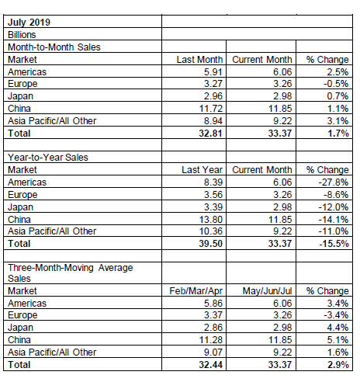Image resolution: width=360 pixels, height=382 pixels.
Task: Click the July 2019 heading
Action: (x=29, y=22)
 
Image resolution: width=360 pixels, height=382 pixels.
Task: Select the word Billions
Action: (x=22, y=34)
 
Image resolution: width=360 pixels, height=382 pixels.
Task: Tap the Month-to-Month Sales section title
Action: (x=54, y=47)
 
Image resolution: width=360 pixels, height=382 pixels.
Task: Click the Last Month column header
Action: (x=199, y=60)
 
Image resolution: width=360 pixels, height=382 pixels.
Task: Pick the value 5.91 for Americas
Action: (x=213, y=71)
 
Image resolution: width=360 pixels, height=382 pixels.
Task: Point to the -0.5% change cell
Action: (x=336, y=84)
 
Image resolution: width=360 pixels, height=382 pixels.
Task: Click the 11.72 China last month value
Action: (x=211, y=109)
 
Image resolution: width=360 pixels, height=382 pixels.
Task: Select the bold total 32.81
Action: (x=210, y=134)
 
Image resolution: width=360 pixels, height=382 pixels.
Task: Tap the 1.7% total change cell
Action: (x=338, y=134)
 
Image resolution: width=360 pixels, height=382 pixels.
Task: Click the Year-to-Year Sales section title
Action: (x=48, y=158)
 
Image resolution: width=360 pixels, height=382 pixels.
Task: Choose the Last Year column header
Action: (x=202, y=170)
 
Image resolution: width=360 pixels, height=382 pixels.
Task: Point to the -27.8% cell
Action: (x=334, y=182)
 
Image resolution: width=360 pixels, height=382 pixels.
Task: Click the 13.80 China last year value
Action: (x=211, y=220)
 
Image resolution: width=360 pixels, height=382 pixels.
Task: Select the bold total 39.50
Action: (x=210, y=244)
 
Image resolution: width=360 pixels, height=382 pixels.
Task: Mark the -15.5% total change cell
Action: (x=334, y=244)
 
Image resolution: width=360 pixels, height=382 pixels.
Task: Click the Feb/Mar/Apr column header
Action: (x=196, y=291)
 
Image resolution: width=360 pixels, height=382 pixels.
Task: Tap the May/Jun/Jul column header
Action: (x=267, y=291)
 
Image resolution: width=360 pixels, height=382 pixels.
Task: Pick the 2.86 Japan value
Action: (x=213, y=328)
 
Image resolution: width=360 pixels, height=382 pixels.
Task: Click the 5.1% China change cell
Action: (x=337, y=340)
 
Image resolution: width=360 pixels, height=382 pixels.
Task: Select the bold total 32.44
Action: (x=210, y=365)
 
